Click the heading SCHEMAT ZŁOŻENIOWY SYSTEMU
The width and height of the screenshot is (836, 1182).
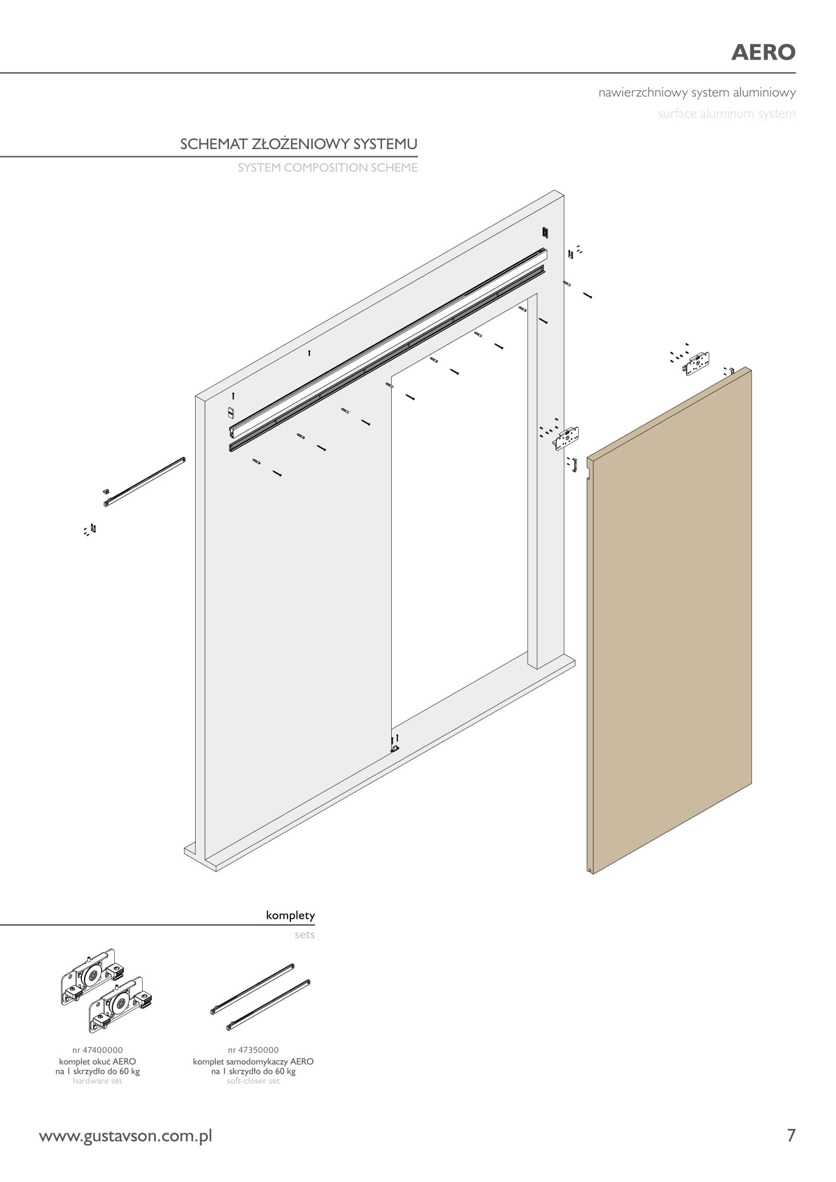click(299, 144)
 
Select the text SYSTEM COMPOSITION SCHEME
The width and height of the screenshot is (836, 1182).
click(328, 168)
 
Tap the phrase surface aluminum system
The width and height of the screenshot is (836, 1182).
click(726, 114)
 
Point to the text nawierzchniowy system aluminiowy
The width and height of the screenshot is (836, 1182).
click(696, 93)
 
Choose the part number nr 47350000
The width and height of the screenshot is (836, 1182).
click(253, 1050)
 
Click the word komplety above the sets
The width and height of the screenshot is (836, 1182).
click(290, 915)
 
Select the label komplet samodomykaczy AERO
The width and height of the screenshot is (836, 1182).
click(253, 1061)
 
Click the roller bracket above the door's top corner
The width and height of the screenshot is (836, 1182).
click(696, 364)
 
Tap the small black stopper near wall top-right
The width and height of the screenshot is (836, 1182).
click(545, 232)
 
